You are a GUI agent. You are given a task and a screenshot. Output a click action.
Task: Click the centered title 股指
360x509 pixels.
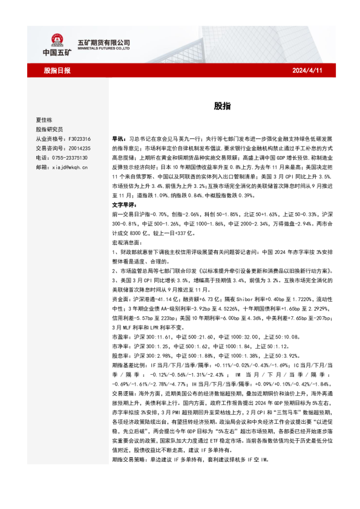coord(221,105)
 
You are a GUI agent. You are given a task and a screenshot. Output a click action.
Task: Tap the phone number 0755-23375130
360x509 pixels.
coord(71,157)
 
